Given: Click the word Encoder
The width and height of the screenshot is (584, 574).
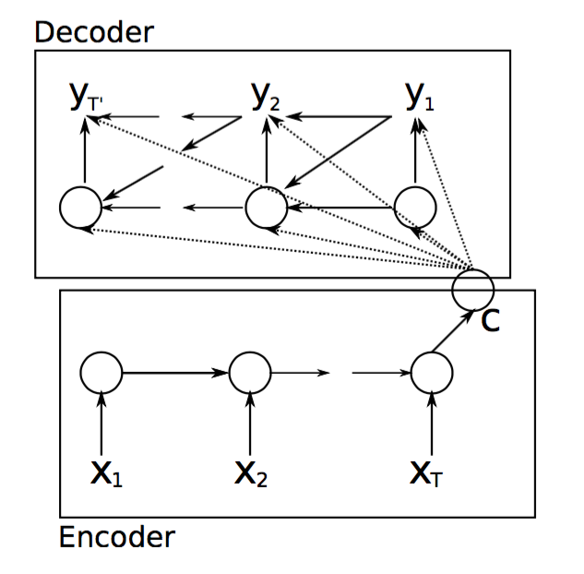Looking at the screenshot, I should (116, 536).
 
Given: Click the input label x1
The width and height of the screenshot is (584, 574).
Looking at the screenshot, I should (104, 473).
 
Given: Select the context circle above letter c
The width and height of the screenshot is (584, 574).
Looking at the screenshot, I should (473, 289).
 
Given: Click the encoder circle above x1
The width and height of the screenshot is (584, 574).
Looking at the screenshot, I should (101, 373).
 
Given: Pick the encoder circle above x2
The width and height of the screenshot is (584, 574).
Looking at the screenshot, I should (250, 373).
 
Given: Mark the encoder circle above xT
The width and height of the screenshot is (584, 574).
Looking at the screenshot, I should (432, 373).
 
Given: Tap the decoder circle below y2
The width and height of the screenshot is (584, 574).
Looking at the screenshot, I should (266, 207).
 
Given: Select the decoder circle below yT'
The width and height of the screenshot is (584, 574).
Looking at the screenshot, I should (81, 207).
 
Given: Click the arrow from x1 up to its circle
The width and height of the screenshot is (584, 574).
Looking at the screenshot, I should (101, 425).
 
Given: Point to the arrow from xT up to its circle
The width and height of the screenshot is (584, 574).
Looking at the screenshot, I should (432, 425).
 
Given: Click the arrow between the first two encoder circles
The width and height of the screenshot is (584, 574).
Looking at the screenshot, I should (175, 373).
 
